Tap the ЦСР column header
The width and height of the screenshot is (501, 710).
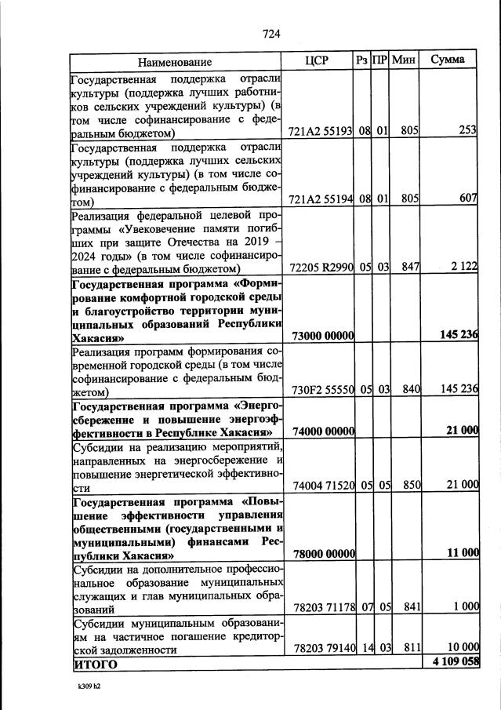click(316, 60)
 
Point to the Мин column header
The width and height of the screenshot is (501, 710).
click(404, 60)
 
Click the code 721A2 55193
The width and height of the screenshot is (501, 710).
click(322, 131)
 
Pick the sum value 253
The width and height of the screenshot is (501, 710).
click(468, 131)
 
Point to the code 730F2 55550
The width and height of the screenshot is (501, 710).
click(322, 390)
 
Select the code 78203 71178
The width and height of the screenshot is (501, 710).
click(322, 607)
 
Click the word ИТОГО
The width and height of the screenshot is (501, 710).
click(95, 664)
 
